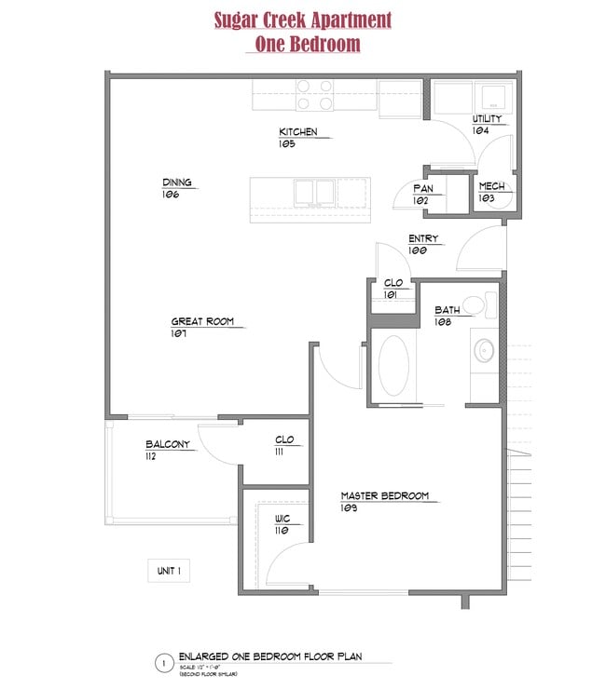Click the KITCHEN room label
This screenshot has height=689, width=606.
297,132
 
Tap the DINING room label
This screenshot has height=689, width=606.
176,182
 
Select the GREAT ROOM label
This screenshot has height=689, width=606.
200,322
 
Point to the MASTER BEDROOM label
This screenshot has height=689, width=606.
384,496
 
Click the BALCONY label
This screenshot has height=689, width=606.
167,445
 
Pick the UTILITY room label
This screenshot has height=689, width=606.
487,119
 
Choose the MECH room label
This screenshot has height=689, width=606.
490,187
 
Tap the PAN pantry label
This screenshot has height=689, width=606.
422,188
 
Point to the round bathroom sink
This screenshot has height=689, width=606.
484,351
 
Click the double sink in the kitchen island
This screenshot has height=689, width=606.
314,192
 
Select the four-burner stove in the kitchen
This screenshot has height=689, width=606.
315,92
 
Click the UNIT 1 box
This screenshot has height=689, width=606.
169,571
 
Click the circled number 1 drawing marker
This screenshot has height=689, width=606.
163,664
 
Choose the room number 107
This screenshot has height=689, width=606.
179,333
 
